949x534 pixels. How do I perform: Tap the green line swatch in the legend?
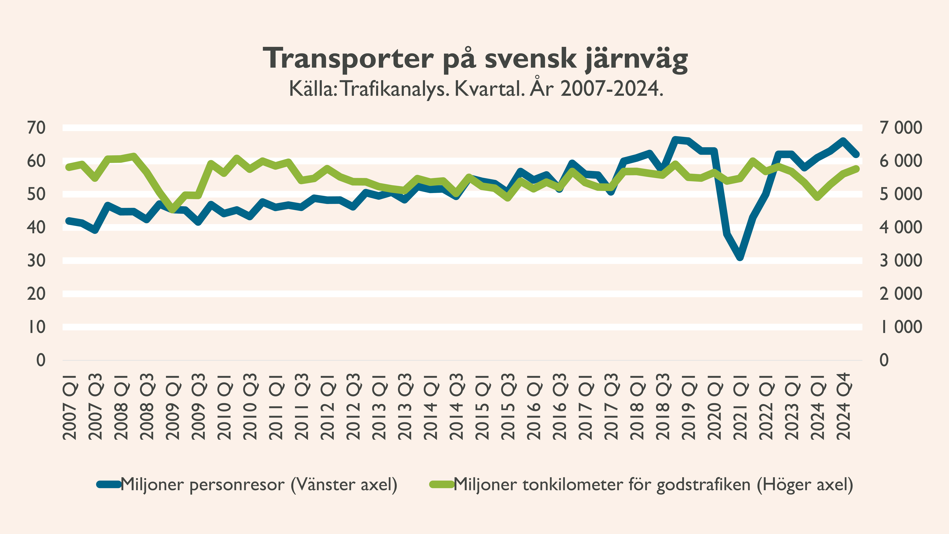[x=441, y=484]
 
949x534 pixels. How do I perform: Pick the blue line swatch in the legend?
[x=109, y=484]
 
